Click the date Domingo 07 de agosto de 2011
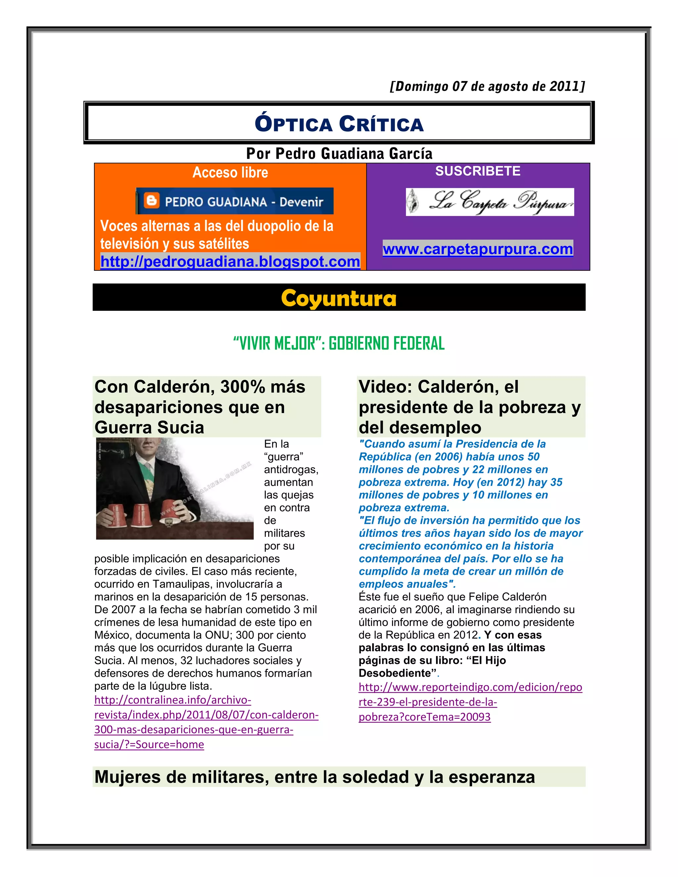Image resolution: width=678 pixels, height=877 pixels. pos(487,86)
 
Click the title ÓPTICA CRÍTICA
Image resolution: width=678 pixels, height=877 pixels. pos(339,124)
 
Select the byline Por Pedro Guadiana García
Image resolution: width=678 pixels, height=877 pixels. pos(339,154)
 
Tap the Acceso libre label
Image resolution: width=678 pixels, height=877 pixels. pos(230,172)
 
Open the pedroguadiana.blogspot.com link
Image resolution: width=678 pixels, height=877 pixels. pos(230,261)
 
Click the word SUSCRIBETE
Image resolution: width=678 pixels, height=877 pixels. pos(478,171)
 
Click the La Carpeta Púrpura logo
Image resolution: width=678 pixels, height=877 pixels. pos(490,202)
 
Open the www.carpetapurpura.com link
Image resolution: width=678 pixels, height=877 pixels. pos(478,249)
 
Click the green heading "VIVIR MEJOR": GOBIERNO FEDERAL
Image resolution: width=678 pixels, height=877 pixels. pos(339,343)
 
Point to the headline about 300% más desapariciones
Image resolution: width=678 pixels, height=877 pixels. pos(200,407)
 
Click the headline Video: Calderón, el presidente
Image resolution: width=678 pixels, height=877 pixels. pos(469,407)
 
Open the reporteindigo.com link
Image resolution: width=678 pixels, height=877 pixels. pos(470,702)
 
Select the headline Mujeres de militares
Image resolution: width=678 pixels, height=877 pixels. pos(315,777)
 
